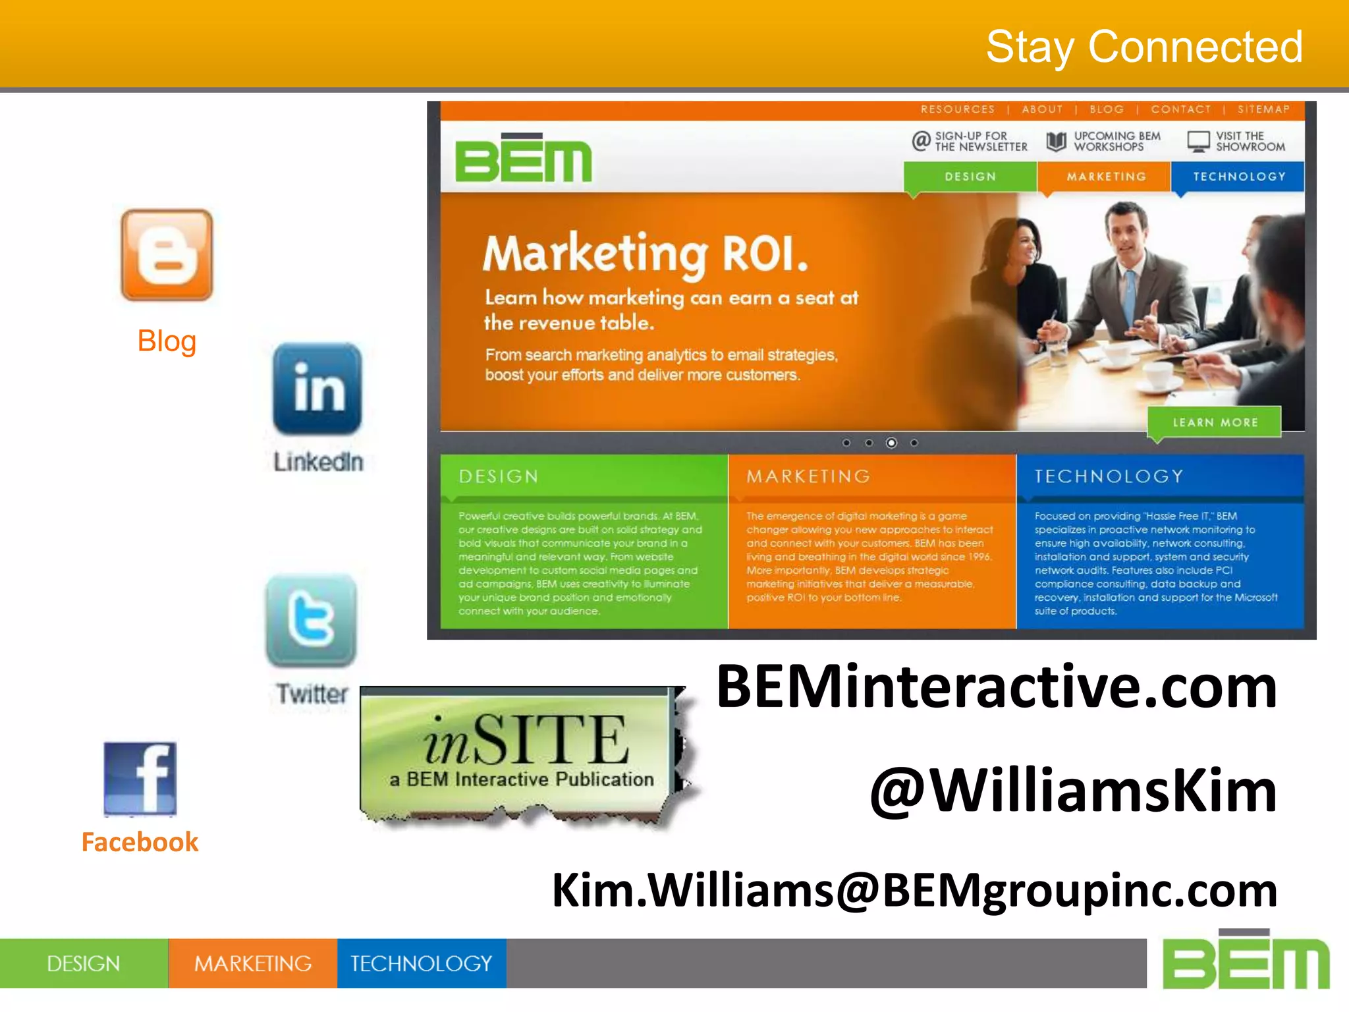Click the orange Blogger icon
[167, 255]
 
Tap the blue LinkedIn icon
[317, 389]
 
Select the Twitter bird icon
[311, 620]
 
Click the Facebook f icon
[140, 778]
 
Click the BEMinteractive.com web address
[996, 687]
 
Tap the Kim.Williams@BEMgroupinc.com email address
[914, 890]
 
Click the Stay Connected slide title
[1143, 47]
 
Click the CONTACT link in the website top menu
[1180, 109]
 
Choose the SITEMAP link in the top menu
[1263, 109]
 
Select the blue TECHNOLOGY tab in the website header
[1238, 177]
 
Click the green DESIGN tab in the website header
[970, 177]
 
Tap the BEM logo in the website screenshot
[524, 159]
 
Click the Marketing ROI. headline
[645, 254]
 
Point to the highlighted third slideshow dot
[891, 443]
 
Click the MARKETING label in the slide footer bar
[253, 964]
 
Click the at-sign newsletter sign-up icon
[921, 140]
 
